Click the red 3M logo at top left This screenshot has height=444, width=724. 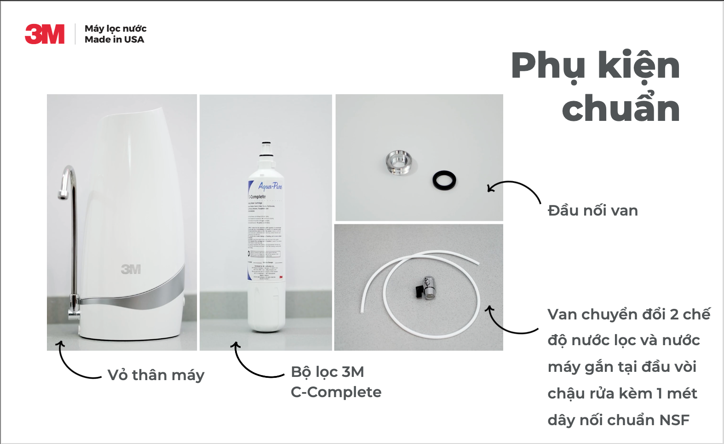point(45,34)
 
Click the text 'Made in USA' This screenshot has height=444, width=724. point(114,40)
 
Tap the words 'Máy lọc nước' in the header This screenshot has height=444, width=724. point(115,28)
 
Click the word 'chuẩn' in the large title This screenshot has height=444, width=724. point(621,108)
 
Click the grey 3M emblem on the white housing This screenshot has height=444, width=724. point(131,269)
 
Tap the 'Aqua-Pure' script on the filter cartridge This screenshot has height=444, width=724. point(270,186)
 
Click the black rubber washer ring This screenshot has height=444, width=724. point(444,179)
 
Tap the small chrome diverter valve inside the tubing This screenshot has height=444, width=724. point(428,288)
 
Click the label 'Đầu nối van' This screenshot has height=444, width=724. point(592,211)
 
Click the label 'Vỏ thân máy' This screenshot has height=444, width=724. point(156,375)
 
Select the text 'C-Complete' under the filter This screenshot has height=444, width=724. point(336,392)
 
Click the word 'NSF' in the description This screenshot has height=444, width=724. point(674,420)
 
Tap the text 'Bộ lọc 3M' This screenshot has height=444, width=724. point(327,372)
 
